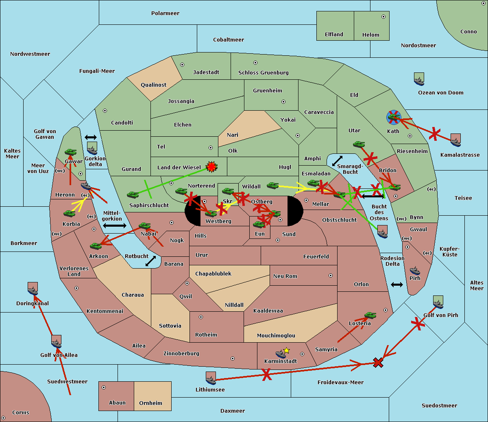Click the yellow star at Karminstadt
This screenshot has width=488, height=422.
pos(287,350)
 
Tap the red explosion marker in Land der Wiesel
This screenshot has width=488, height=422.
pos(211,166)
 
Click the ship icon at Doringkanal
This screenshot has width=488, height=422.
pos(33,289)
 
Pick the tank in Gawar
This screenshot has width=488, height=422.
pos(70,152)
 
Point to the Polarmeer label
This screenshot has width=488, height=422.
pos(165,13)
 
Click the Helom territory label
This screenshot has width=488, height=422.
pos(370,35)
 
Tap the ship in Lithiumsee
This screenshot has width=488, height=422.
pos(211,378)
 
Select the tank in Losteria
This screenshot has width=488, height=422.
pos(370,315)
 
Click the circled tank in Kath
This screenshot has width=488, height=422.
pos(393,117)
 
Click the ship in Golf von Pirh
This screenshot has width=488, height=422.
pos(438,302)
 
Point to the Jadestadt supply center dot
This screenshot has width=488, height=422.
pos(182,64)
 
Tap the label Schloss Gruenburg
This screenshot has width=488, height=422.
pos(263,73)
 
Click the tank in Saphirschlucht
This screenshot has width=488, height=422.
pos(133,195)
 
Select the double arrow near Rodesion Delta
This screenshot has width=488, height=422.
pos(397,284)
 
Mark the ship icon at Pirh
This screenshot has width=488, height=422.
pos(415,271)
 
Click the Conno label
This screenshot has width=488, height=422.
pos(468,32)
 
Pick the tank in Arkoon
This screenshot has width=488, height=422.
pos(96,246)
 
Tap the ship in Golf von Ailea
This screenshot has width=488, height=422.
pos(57,342)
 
